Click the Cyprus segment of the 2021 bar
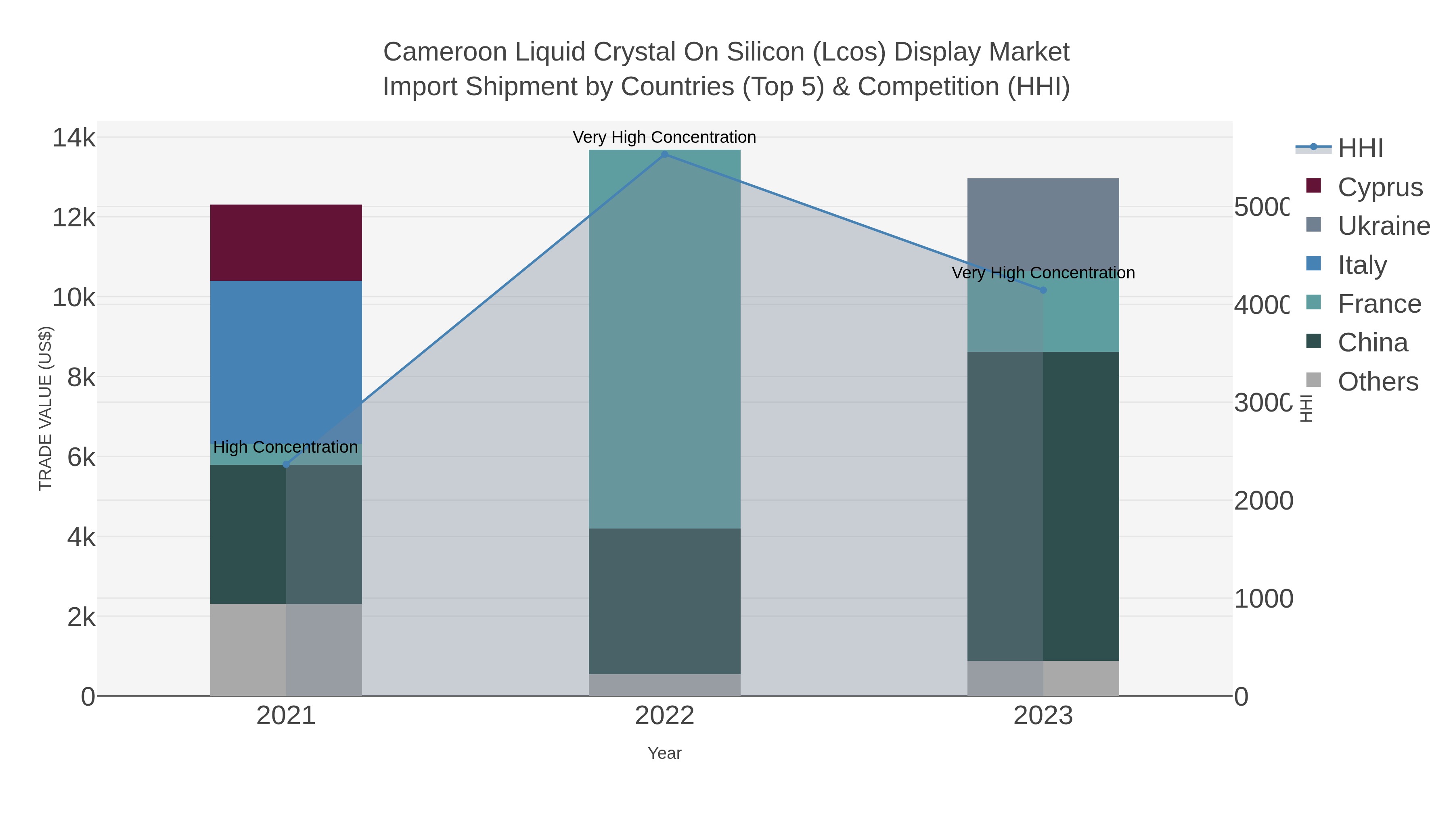286,242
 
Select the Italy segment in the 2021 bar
286,361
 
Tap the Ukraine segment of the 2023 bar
1043,223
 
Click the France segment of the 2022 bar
664,339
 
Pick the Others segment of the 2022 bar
664,685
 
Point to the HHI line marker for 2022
664,155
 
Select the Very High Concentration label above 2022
664,137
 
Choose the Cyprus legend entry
1380,187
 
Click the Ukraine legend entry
1383,226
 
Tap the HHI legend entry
1360,148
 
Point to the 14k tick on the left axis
73,138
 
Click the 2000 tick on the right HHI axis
1263,501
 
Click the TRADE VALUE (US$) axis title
45,408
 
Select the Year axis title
664,753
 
